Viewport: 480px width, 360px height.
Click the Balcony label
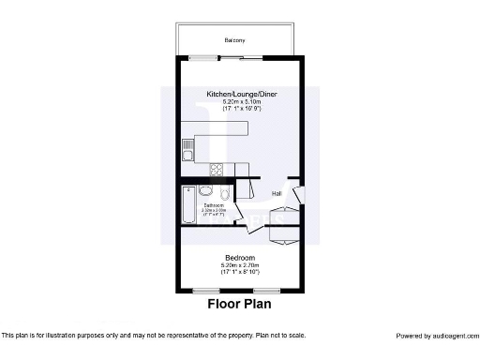(x=234, y=40)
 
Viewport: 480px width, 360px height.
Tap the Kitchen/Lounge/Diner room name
(x=242, y=94)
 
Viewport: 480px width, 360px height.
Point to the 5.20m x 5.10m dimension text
(x=242, y=101)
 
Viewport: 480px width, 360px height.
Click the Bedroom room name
(x=240, y=258)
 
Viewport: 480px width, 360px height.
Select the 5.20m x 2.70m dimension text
(x=240, y=265)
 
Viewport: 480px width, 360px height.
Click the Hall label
(x=277, y=194)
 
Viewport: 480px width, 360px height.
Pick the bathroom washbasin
(x=205, y=191)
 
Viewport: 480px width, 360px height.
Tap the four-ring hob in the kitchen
(x=217, y=170)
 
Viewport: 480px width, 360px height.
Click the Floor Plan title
(x=240, y=305)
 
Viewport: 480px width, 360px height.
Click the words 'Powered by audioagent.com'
(x=437, y=336)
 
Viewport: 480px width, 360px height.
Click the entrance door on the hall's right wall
(x=298, y=196)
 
